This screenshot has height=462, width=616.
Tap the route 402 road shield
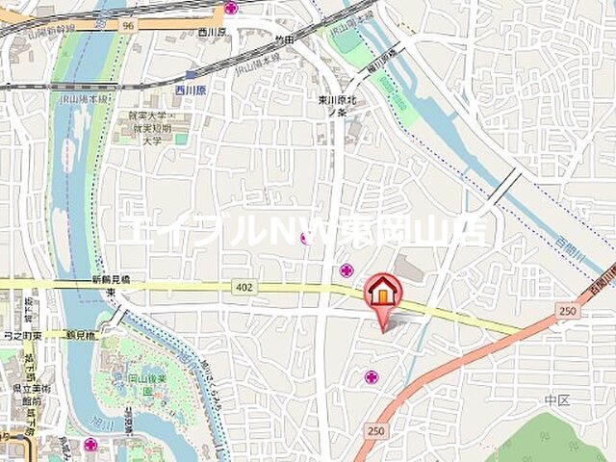tap(240, 287)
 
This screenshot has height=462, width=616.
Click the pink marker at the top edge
tap(231, 8)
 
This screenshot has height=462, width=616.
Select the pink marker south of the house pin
tap(372, 377)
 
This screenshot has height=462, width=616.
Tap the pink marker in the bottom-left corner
tap(90, 445)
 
